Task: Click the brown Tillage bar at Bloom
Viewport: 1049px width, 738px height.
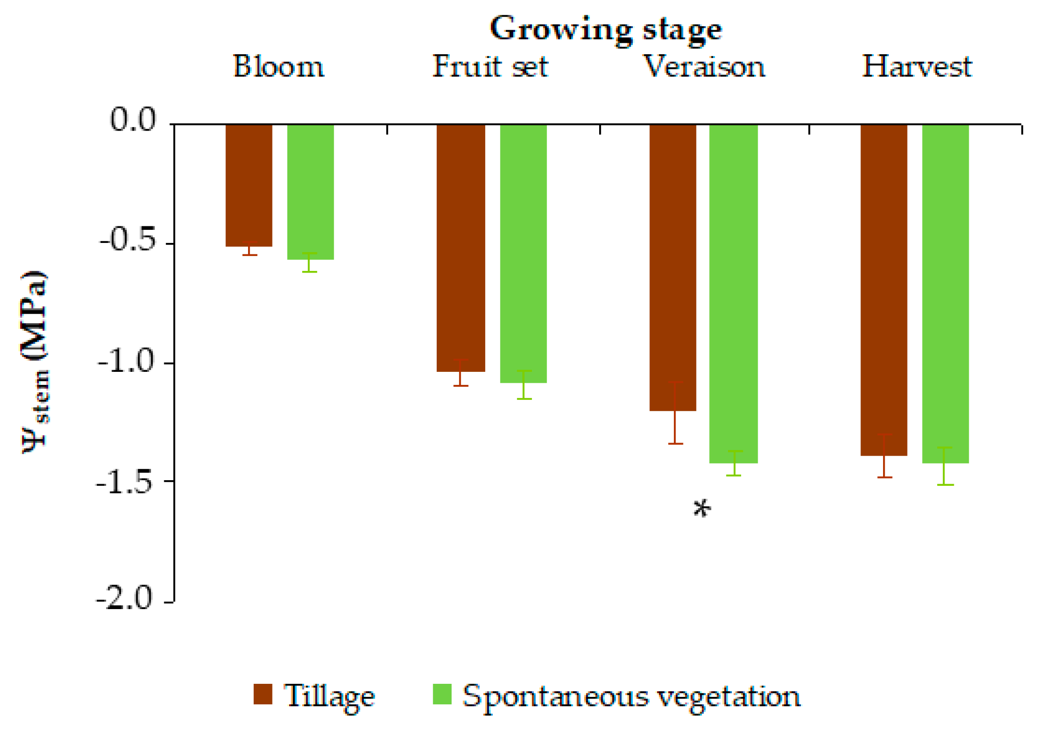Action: pos(249,185)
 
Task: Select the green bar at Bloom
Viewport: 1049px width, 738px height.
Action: pos(310,192)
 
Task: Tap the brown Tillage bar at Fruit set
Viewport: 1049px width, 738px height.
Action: pos(461,247)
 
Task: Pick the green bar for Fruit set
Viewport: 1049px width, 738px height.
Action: pos(523,253)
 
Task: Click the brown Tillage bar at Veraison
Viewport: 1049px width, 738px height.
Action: pos(673,267)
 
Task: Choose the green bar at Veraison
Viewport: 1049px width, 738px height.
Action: pos(733,294)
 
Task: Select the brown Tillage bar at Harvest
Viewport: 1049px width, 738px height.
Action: pos(883,290)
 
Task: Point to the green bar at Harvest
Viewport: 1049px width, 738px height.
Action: pos(945,294)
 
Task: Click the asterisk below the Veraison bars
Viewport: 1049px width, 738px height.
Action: pos(702,509)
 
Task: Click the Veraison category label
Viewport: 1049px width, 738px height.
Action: pos(704,67)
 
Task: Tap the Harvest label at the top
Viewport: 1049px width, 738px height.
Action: pos(917,67)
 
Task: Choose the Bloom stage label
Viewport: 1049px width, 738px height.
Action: pos(279,67)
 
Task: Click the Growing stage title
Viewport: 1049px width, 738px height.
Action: pos(605,29)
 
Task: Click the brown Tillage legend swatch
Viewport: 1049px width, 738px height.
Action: pos(263,694)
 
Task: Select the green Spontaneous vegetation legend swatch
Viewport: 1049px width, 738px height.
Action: pos(442,694)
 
